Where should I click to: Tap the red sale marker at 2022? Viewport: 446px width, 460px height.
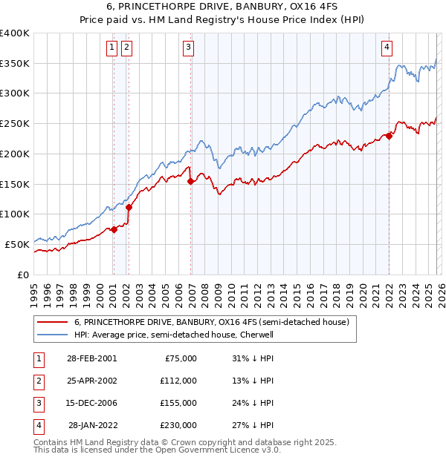pyautogui.click(x=389, y=136)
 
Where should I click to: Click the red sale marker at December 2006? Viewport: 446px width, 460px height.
pyautogui.click(x=191, y=180)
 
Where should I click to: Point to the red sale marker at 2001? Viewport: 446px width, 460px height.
pyautogui.click(x=114, y=229)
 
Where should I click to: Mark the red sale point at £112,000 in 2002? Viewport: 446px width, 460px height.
pyautogui.click(x=129, y=207)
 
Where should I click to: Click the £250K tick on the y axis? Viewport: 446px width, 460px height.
pyautogui.click(x=15, y=124)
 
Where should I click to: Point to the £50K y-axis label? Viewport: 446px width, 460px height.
pyautogui.click(x=17, y=244)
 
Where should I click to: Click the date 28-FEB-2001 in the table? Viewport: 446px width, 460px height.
pyautogui.click(x=91, y=358)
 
